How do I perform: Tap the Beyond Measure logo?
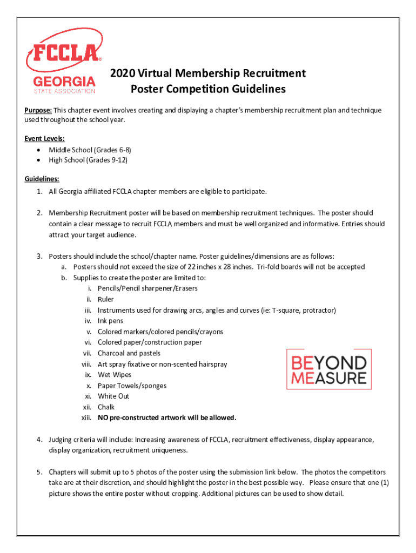point(328,369)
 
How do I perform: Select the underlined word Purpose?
point(37,110)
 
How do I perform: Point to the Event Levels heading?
point(41,139)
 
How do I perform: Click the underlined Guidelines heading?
point(42,179)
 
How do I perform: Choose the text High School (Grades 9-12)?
point(88,160)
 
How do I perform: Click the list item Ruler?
point(106,299)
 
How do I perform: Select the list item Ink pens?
point(110,321)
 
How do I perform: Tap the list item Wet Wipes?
point(115,375)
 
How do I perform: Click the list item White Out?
point(113,396)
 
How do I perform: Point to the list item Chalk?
point(106,407)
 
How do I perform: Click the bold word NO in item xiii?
point(103,418)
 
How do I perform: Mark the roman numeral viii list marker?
point(86,364)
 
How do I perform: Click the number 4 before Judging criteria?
point(39,440)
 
